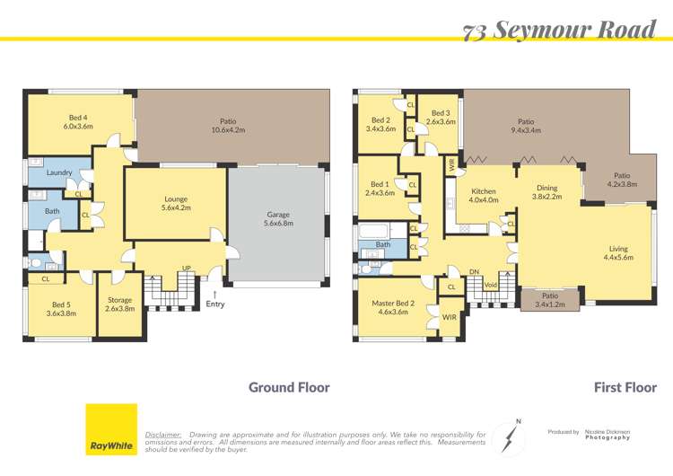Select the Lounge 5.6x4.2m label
coord(175,203)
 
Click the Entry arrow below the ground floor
coord(214,294)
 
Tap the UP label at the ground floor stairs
coord(186,269)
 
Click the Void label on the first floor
coord(490,286)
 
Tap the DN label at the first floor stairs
coord(475,271)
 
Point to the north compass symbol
coord(511,437)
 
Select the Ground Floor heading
coord(289,388)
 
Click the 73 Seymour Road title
coord(560,31)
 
